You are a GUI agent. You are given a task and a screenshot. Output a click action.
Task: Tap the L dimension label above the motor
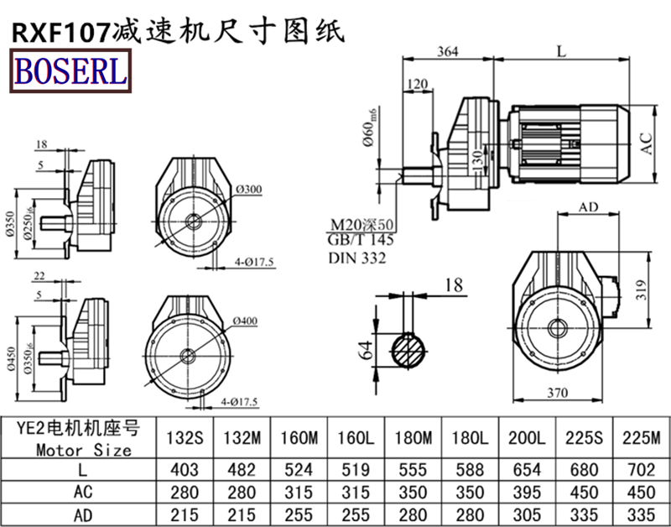point(560,51)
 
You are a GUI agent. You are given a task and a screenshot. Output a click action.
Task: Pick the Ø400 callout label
point(246,321)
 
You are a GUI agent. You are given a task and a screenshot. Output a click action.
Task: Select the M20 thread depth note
point(361,225)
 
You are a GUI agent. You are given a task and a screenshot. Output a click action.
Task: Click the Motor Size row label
point(84,449)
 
